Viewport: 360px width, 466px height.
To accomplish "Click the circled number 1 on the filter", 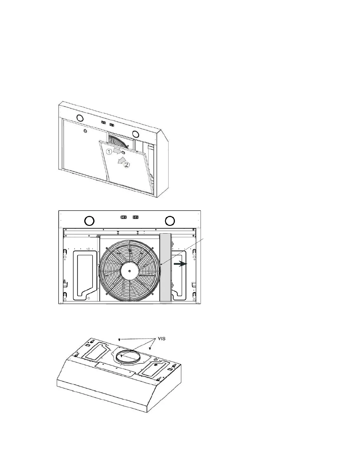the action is point(109,152).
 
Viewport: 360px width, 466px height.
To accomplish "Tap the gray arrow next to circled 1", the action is point(117,151).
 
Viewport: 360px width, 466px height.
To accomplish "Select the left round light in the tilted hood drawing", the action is point(79,118).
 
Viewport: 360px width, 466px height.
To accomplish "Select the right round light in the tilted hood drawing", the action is point(136,134).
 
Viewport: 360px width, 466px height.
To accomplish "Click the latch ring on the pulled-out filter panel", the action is point(123,153).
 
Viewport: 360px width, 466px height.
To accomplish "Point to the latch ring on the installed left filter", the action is point(85,131).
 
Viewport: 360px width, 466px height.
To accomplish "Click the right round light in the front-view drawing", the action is point(170,221).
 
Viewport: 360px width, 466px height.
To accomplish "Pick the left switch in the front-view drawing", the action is point(124,217).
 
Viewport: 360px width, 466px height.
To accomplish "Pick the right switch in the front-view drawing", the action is point(135,217).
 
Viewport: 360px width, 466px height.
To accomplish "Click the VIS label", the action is point(160,339).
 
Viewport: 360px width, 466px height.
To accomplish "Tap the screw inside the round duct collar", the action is point(121,356).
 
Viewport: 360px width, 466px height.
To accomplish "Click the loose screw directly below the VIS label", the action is point(150,349).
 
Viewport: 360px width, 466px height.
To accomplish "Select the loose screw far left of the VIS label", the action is point(119,339).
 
